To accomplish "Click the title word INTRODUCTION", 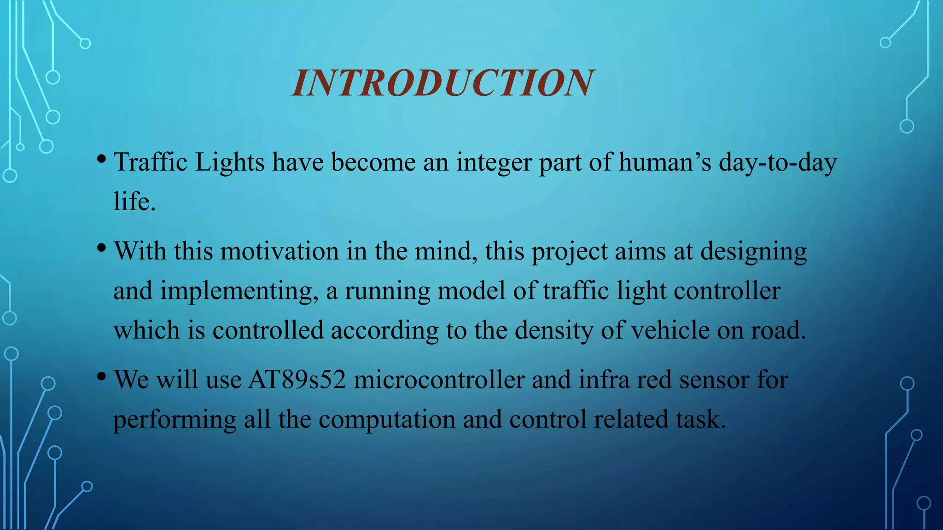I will (443, 83).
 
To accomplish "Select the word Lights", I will (229, 162).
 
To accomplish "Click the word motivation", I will (279, 252).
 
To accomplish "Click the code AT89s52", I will (297, 380).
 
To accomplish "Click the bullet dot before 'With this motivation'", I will (101, 248).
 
